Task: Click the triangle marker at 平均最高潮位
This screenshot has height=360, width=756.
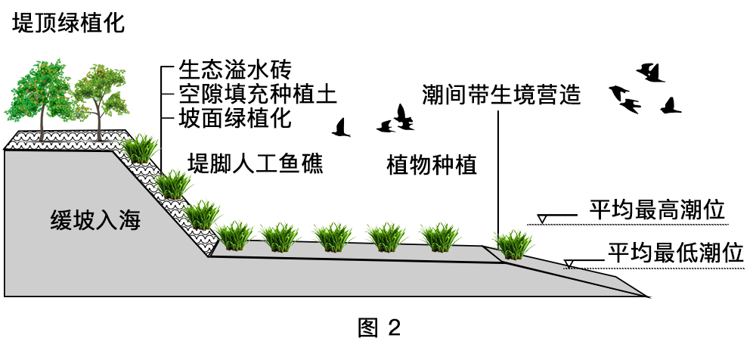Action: (541, 219)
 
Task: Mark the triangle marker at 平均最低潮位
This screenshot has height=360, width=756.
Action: (568, 263)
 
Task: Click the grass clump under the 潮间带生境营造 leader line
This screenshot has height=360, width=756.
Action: (513, 244)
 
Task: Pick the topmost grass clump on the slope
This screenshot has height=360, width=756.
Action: (141, 150)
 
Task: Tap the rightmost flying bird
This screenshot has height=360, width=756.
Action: (670, 106)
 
